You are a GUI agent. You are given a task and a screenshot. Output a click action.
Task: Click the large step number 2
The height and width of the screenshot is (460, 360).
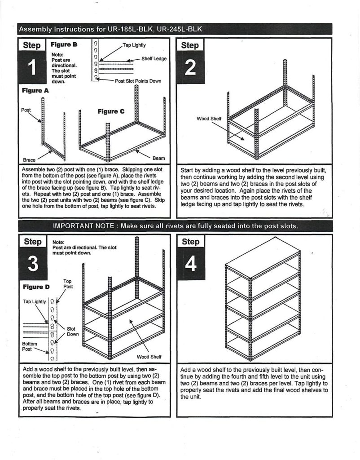tap(190, 68)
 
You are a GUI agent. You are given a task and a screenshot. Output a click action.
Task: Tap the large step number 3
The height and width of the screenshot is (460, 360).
tap(32, 264)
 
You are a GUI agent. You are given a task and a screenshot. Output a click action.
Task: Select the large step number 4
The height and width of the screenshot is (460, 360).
tap(190, 264)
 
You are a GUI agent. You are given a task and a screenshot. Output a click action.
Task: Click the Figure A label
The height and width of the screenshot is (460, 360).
tap(35, 91)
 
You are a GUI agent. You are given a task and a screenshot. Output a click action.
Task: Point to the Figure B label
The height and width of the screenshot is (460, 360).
tap(64, 45)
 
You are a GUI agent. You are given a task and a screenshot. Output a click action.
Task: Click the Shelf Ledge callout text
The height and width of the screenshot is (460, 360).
tap(154, 59)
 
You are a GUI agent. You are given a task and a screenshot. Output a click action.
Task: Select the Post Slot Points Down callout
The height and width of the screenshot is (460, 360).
tap(138, 81)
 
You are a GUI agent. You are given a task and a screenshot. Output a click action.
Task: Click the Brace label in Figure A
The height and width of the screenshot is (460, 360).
tap(29, 159)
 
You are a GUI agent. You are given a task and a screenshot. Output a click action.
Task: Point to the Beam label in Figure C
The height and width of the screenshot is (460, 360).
tap(158, 158)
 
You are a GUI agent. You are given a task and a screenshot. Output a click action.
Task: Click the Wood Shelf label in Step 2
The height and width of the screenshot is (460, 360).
tap(209, 119)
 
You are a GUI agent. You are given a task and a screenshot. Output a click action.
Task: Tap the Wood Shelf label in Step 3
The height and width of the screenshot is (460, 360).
tap(149, 357)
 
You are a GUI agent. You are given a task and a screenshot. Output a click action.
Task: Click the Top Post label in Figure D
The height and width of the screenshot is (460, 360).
tap(68, 284)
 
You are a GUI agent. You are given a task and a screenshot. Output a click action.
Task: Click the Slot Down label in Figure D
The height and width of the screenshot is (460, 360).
tap(73, 331)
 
